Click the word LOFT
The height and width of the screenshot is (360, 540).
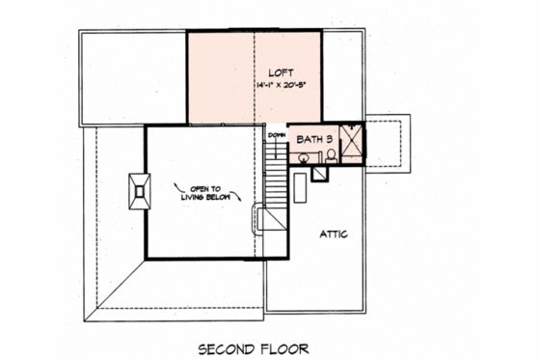(x=281, y=71)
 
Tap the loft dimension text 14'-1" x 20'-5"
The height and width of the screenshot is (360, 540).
(x=281, y=85)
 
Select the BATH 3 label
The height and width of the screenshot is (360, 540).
(x=314, y=139)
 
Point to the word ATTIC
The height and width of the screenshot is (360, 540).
(x=333, y=235)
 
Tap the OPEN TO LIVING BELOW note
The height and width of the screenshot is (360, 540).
(x=208, y=192)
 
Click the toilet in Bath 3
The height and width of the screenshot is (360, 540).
(x=330, y=155)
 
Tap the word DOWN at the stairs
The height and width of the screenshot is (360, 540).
(x=277, y=134)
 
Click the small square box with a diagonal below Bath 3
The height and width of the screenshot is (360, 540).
(x=318, y=175)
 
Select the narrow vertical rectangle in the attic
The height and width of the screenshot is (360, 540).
(x=299, y=186)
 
